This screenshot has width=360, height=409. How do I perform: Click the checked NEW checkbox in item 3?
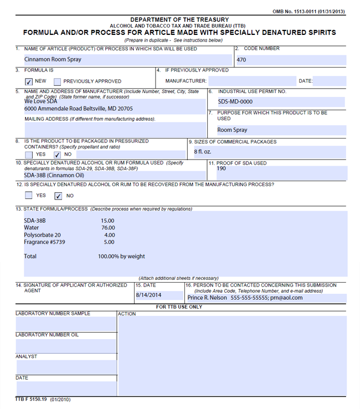point(29,81)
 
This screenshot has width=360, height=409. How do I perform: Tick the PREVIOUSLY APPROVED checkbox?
point(57,81)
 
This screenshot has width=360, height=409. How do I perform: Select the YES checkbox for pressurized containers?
point(29,155)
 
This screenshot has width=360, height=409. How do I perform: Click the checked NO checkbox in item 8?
point(57,155)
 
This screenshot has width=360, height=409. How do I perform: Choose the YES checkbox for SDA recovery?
point(29,196)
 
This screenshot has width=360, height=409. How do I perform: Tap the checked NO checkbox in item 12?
point(58,196)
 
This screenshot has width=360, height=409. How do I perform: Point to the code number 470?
point(241,60)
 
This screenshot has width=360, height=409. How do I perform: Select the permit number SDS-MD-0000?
point(235,102)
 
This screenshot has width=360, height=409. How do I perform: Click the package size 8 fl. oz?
point(203,151)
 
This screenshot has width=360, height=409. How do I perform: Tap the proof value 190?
point(221,169)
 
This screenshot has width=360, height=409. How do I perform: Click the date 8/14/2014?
point(148,295)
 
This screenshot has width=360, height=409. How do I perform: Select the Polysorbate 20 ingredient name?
point(42,235)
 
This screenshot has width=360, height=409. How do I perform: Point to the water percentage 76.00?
point(108,228)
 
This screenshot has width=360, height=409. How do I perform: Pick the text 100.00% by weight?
point(121,257)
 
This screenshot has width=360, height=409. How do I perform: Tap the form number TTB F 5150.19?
point(31,399)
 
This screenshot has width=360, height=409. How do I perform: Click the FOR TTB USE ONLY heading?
point(179,307)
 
